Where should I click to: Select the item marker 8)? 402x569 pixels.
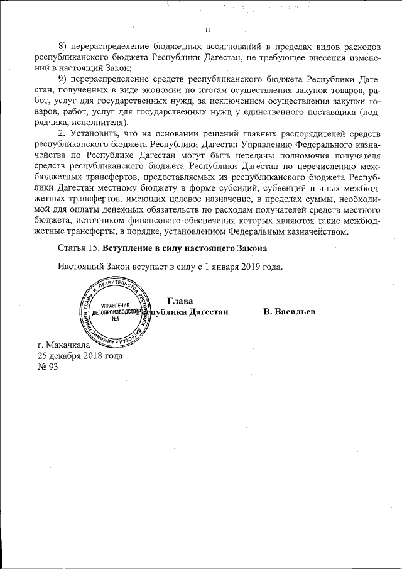(63, 47)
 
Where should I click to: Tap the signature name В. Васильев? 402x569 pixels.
(290, 312)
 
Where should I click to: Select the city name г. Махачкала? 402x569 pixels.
(64, 345)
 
